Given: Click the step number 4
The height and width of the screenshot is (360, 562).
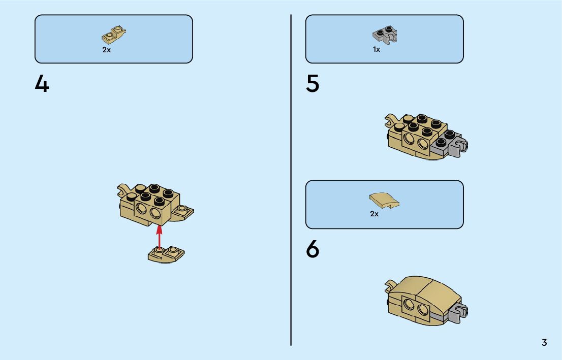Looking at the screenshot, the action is [x=42, y=84].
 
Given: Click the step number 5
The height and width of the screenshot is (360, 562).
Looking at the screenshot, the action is [x=313, y=84].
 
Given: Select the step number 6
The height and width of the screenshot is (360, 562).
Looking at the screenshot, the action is [x=313, y=249].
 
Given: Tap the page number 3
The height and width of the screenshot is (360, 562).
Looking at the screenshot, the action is [x=544, y=342].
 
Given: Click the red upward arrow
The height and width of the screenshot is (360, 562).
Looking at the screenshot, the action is [x=159, y=237].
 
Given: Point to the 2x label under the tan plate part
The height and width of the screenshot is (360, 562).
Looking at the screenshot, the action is [x=106, y=50].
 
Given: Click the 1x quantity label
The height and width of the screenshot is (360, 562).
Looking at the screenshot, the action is [x=377, y=49].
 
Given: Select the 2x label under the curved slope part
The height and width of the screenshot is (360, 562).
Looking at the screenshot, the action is [x=374, y=214].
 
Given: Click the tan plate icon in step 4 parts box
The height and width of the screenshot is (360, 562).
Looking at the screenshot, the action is [x=114, y=35].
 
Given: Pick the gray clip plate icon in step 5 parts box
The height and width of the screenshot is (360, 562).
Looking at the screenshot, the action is [x=385, y=35].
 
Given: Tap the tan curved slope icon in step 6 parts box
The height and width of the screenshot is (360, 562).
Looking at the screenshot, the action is [x=384, y=200].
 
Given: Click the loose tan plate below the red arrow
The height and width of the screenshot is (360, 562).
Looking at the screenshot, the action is [x=166, y=255].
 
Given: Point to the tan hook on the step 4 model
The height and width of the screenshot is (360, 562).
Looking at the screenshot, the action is [x=123, y=189].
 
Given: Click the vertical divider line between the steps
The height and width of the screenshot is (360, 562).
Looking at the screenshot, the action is [x=291, y=180].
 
